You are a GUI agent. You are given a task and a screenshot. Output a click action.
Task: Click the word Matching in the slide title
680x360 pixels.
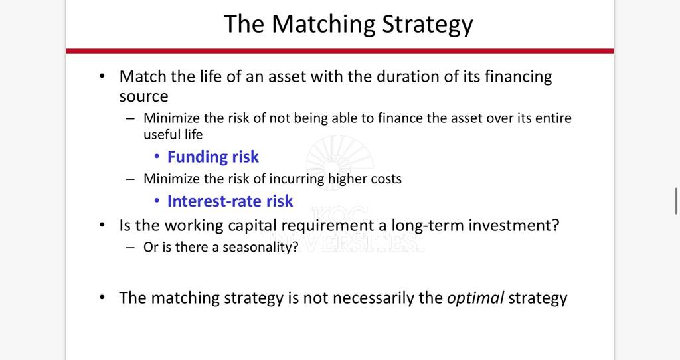pos(323,25)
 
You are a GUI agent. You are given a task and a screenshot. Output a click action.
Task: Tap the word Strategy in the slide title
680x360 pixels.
pos(427,25)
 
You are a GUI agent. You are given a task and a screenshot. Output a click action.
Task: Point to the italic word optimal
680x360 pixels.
pos(475,298)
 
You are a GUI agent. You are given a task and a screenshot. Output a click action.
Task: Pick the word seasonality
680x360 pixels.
pos(260,247)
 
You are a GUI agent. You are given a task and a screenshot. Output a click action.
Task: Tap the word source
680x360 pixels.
pos(143,97)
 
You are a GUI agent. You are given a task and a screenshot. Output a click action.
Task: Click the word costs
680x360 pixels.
pos(386,179)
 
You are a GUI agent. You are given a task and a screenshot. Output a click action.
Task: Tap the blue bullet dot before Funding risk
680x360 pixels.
pos(157,157)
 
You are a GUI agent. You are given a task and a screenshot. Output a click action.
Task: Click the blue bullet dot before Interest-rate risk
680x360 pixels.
pos(157,201)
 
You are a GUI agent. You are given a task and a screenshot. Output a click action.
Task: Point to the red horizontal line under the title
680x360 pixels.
pos(340,51)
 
